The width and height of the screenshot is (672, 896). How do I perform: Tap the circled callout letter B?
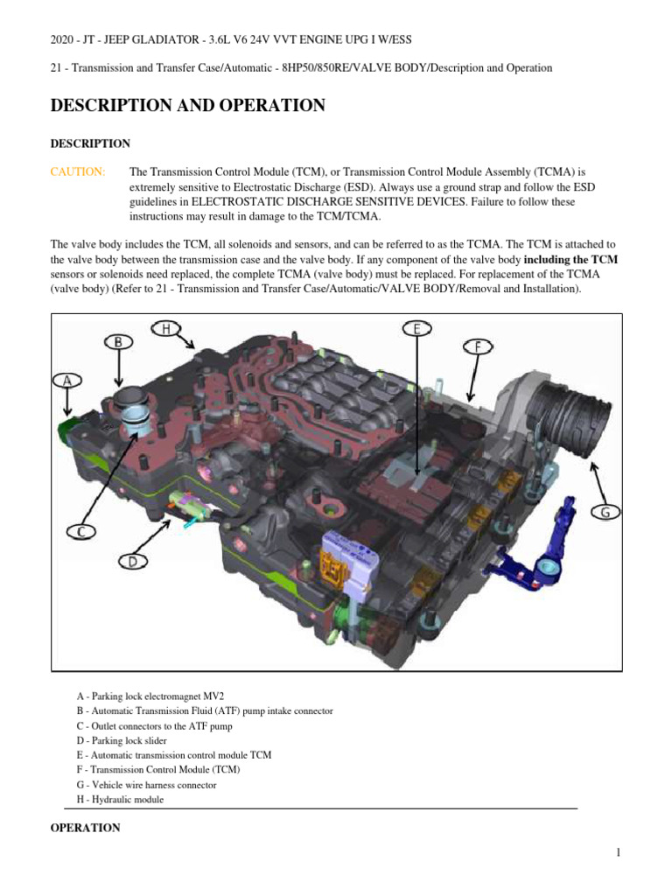pos(118,342)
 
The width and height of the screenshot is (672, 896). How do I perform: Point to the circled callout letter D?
pos(131,562)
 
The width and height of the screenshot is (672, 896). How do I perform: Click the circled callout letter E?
pos(416,329)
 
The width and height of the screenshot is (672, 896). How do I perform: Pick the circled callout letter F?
pos(478,346)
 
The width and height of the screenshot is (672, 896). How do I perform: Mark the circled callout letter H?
pos(165,328)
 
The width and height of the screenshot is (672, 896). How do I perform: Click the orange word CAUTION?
pos(78,172)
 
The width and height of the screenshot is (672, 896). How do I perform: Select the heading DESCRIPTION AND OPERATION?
pos(188,106)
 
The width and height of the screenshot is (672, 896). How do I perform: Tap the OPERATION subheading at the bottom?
pos(86,828)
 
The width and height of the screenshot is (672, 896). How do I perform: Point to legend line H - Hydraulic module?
pos(121,800)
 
